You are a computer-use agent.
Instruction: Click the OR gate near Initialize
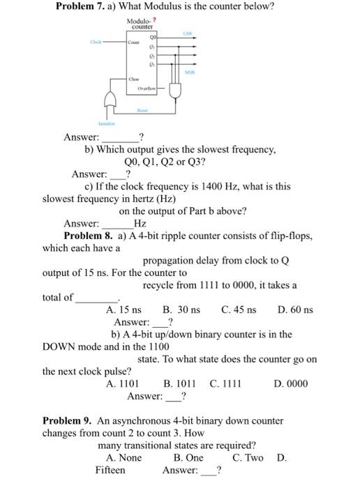click(109, 100)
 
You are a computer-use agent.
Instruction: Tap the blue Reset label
click(142, 109)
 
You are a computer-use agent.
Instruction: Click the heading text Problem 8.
click(89, 236)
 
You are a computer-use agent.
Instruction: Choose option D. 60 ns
click(295, 310)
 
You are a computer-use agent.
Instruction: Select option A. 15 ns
click(123, 310)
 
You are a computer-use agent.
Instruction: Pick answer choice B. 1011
click(179, 383)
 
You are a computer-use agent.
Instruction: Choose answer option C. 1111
click(225, 383)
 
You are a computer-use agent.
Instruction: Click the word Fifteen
click(111, 470)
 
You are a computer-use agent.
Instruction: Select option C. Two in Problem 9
click(248, 457)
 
